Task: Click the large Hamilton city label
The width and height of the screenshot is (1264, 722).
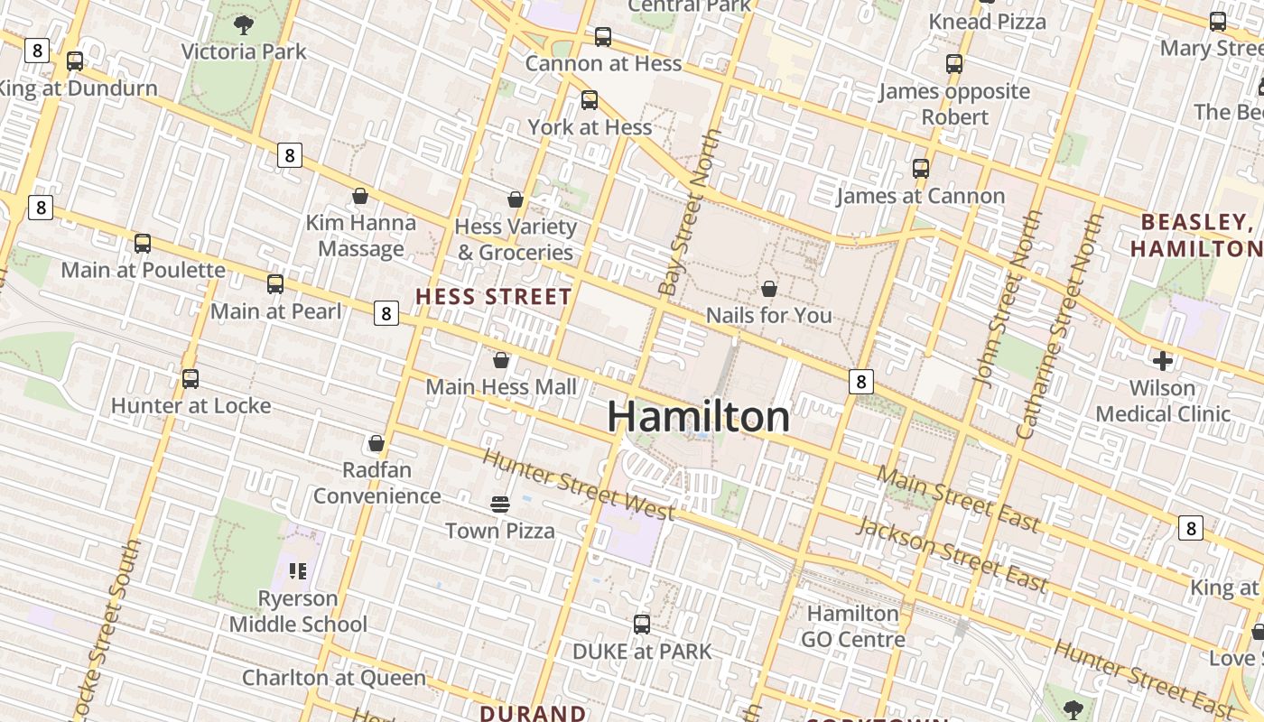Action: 698,417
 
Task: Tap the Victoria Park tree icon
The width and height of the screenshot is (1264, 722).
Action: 243,25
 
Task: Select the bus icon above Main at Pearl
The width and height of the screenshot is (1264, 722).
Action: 275,284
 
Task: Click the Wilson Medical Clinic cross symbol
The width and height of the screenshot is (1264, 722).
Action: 1163,361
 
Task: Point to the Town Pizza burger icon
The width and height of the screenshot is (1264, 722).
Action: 500,504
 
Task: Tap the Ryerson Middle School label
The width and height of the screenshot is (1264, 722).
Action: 298,611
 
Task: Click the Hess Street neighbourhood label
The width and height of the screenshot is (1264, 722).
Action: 493,297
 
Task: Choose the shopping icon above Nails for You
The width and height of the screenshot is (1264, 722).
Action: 769,289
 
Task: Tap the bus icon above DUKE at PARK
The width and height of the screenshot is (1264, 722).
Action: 642,624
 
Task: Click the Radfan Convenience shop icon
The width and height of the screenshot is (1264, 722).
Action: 376,443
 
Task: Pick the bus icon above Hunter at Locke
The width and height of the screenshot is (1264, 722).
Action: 191,379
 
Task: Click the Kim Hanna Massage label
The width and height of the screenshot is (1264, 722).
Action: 361,236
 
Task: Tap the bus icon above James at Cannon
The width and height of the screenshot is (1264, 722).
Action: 921,169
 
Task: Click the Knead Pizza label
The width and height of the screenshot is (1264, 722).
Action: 987,22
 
